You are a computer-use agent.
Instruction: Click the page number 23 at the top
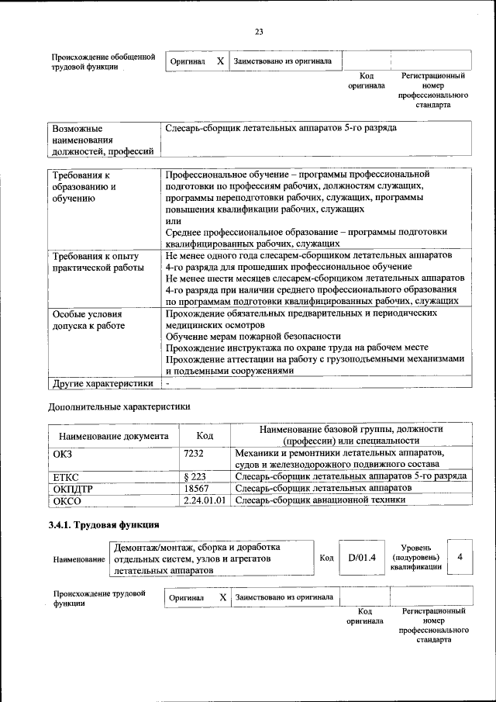258,31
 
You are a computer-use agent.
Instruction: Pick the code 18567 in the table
198,488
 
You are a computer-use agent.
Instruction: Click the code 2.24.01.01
205,500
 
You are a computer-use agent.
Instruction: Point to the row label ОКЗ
61,452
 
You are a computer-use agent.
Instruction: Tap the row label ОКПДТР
72,488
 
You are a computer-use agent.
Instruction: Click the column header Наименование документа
113,436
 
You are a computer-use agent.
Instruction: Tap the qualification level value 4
460,557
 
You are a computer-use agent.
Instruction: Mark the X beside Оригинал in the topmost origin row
220,61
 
